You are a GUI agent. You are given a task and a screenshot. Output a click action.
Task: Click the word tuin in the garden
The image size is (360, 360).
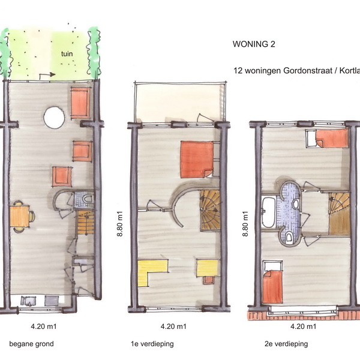click(67, 54)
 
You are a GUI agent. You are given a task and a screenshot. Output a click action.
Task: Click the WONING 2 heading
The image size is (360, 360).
click(254, 44)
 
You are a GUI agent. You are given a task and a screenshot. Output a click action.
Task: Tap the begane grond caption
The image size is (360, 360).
click(31, 344)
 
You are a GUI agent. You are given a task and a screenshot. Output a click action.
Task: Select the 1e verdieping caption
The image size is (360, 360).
click(152, 344)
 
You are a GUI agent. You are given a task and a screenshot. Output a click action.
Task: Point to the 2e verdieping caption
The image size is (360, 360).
click(286, 344)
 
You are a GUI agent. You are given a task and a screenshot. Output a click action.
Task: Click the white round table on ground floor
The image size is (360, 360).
click(54, 118)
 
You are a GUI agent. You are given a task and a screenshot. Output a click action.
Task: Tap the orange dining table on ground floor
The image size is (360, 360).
click(20, 216)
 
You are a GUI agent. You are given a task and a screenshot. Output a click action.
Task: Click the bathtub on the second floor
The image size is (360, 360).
click(269, 212)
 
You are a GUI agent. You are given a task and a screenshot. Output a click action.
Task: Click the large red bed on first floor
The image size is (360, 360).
click(197, 160)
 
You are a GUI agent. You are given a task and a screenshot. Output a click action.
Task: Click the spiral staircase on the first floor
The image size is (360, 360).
click(210, 211)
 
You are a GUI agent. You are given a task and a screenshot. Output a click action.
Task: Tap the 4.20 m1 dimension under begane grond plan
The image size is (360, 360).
click(44, 326)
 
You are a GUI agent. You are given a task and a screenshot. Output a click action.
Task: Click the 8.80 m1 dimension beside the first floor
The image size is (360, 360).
click(120, 224)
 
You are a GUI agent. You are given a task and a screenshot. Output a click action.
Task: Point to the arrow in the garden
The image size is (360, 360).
click(47, 75)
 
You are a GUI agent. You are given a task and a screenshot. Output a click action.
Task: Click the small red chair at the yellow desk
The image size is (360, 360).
click(208, 280)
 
